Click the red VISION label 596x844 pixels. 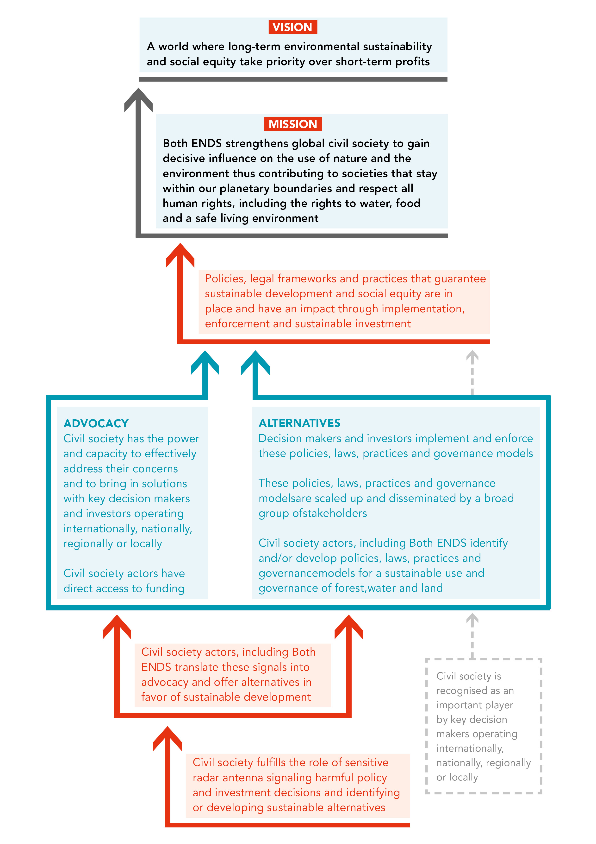tap(293, 27)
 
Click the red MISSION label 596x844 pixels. tap(293, 124)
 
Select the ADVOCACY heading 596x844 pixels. tap(96, 423)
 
